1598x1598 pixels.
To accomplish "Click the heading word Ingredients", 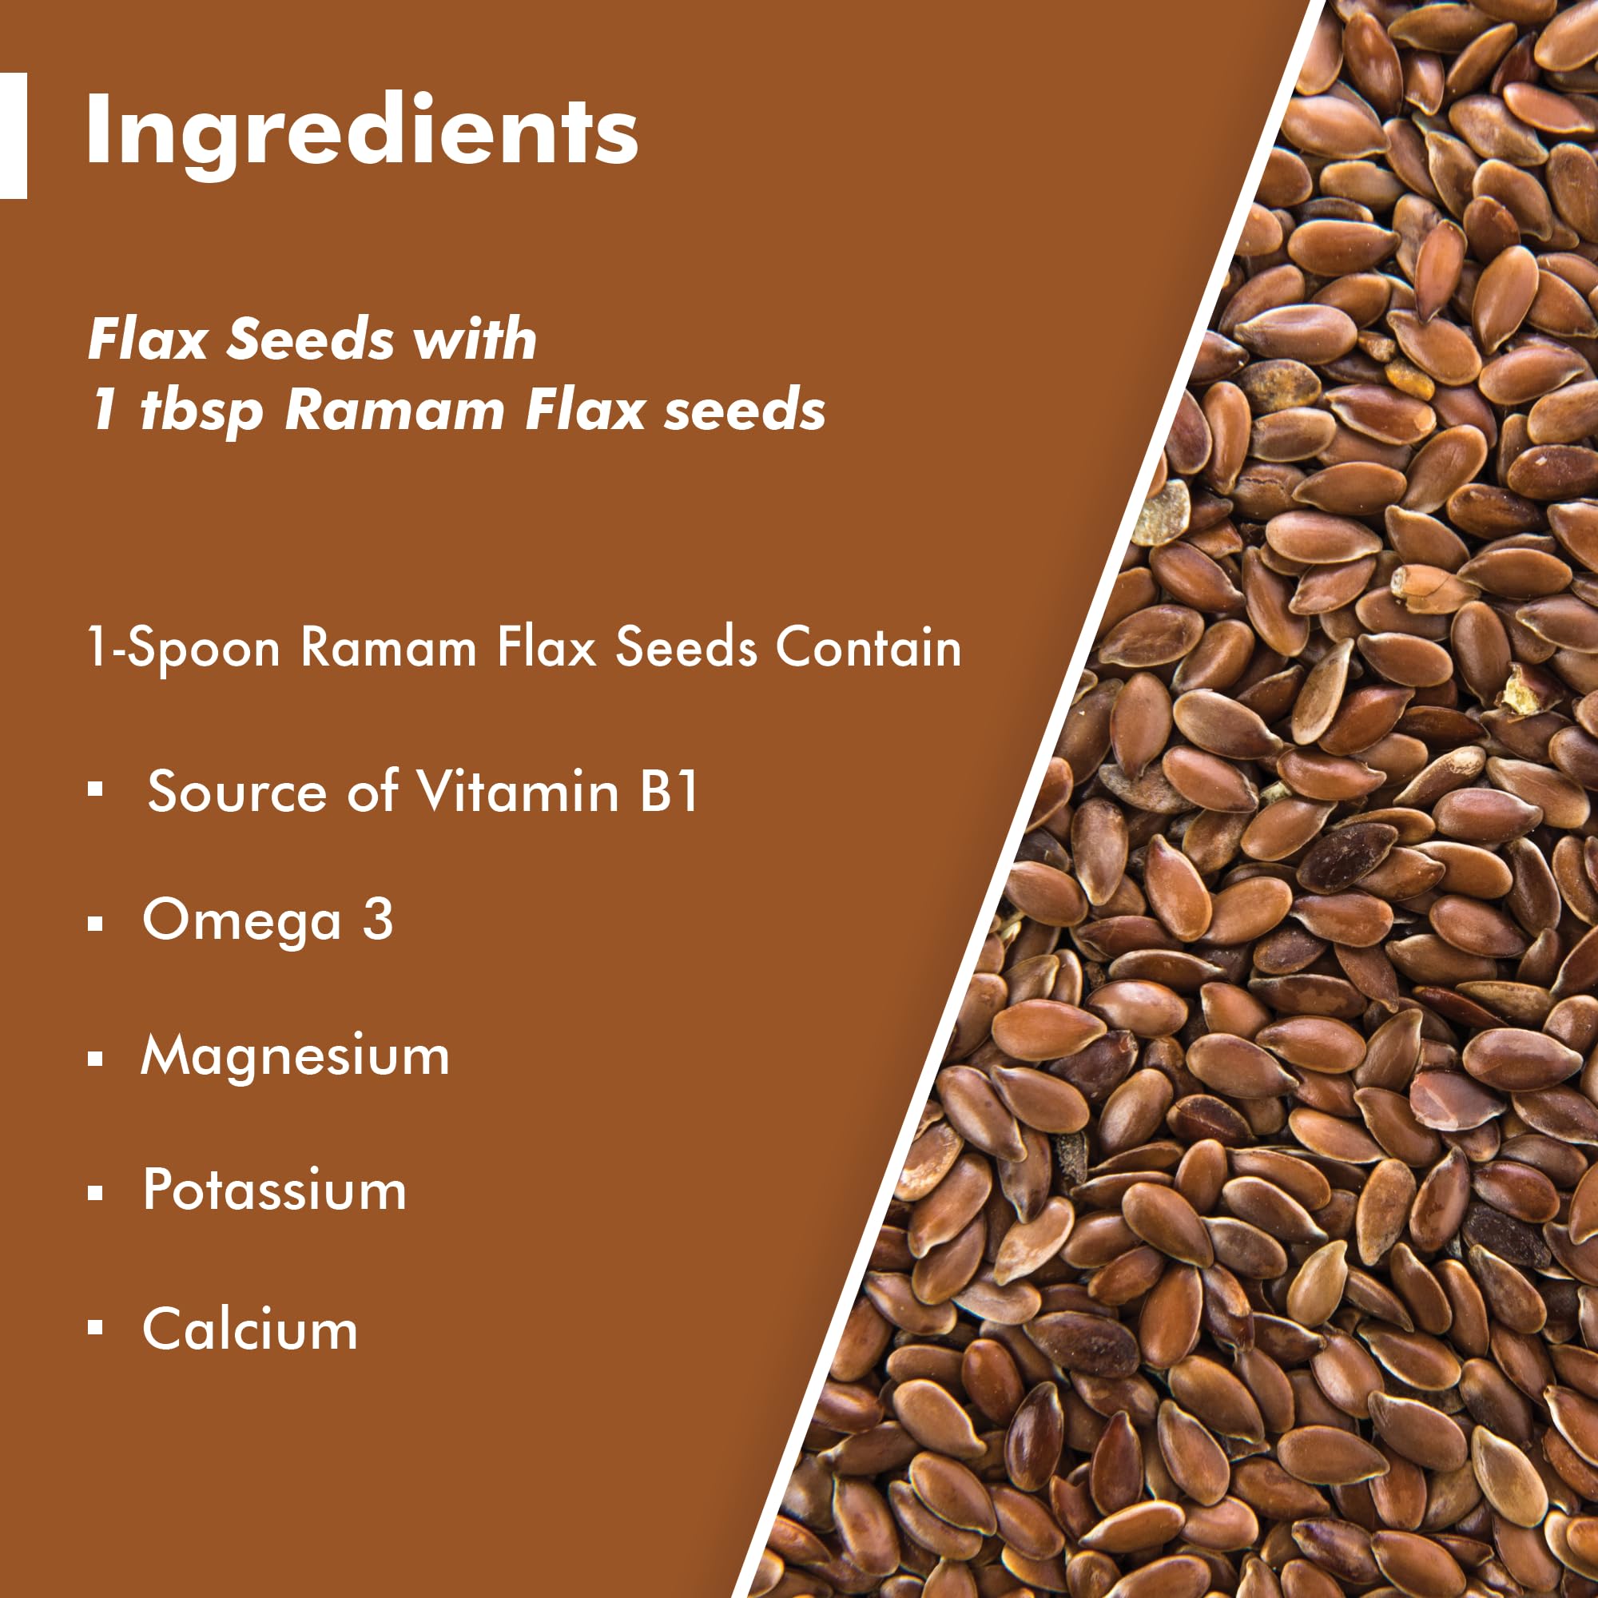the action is point(361,135).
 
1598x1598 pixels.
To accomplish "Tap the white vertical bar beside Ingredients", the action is point(14,136).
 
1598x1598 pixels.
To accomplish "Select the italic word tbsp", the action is point(201,410).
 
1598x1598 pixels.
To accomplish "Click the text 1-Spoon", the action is point(184,648).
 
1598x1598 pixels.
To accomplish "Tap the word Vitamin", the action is point(517,791).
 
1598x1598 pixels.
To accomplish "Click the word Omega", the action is point(241,921).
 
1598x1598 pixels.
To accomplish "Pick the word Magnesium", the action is point(296,1057).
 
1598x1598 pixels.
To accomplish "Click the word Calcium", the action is point(250,1330).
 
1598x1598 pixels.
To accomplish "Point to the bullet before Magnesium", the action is point(95,1058).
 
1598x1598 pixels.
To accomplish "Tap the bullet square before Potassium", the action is point(95,1193).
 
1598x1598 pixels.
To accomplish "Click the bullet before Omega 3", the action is point(95,923).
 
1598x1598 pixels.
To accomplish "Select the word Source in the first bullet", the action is point(237,791).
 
